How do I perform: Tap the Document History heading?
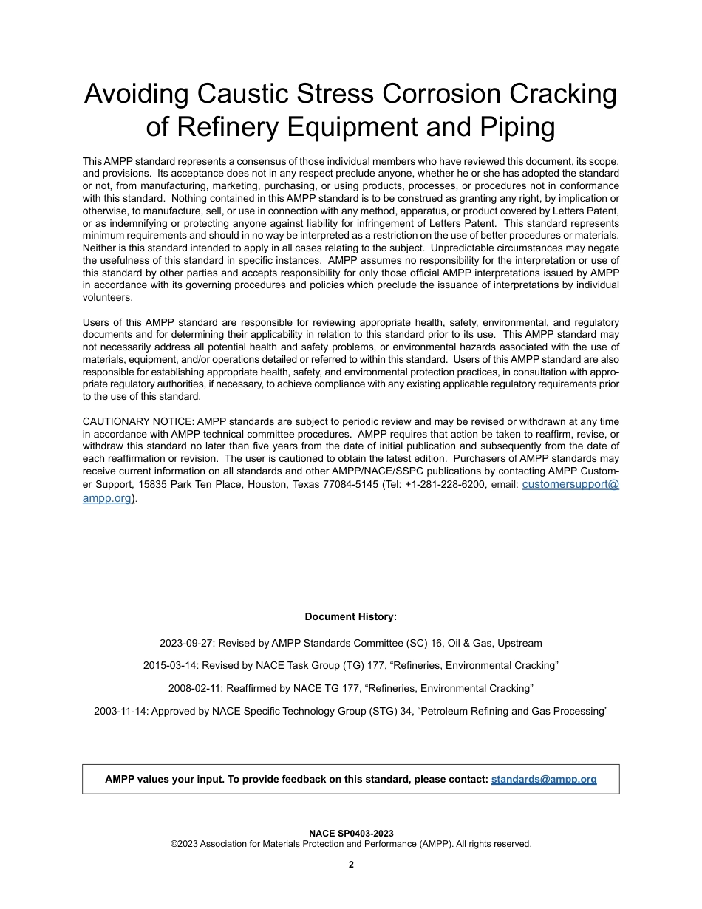350,616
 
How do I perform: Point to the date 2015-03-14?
169,665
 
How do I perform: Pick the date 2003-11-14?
120,711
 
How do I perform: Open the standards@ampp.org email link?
544,779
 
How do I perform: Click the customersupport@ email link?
576,484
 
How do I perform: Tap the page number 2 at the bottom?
351,865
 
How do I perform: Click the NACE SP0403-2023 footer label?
350,834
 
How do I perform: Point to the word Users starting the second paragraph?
96,322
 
